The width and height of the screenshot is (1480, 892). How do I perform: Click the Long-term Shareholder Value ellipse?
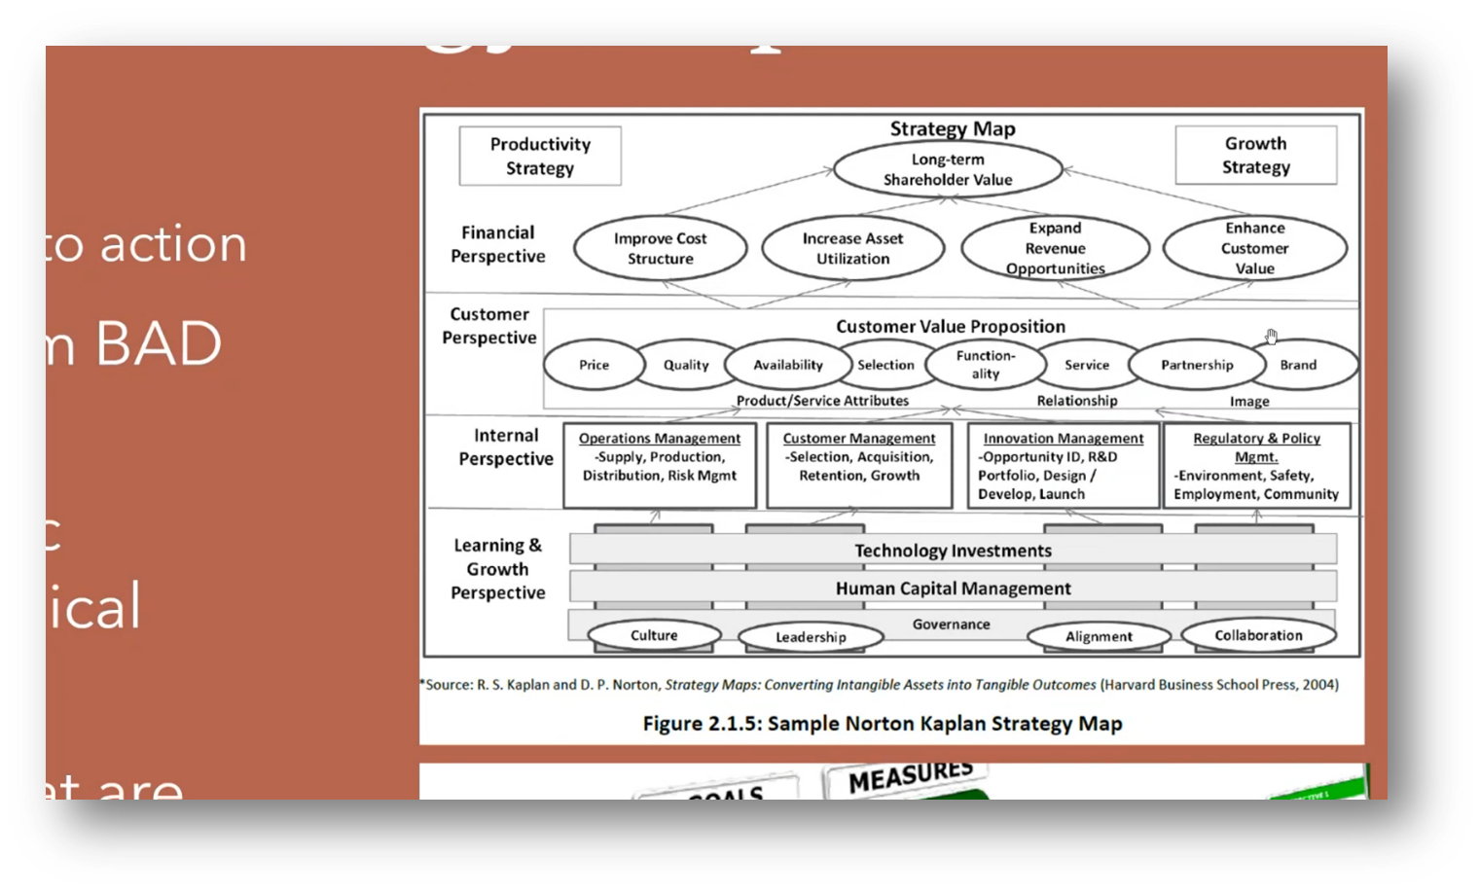tap(948, 169)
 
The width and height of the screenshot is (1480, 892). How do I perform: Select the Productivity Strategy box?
tap(540, 156)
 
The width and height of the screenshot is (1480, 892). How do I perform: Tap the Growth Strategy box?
tap(1255, 155)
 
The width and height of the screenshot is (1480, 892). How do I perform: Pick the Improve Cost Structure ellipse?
tap(660, 248)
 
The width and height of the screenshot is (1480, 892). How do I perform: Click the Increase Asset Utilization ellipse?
tap(852, 248)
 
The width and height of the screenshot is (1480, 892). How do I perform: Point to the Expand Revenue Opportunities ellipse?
tap(1055, 248)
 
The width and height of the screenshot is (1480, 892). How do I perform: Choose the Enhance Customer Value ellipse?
tap(1254, 248)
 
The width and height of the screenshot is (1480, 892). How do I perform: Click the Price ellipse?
tap(594, 365)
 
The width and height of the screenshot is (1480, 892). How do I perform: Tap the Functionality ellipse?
tap(985, 365)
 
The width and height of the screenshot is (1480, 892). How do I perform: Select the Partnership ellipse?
tap(1197, 365)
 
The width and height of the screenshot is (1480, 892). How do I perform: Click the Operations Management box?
tap(660, 464)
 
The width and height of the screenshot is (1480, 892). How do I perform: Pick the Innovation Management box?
tap(1063, 465)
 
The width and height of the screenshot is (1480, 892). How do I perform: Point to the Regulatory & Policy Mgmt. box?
tap(1256, 465)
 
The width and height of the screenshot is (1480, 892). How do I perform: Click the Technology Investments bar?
tap(953, 551)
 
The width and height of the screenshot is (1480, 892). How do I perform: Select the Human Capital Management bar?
tap(953, 589)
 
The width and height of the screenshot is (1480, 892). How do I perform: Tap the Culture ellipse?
tap(654, 635)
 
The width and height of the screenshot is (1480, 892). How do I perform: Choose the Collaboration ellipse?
tap(1258, 635)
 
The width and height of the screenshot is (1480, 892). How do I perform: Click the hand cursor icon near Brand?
tap(1271, 337)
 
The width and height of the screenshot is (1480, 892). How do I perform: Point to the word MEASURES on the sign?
tap(910, 776)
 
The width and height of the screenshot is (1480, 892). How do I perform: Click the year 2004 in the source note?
tap(1318, 685)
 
